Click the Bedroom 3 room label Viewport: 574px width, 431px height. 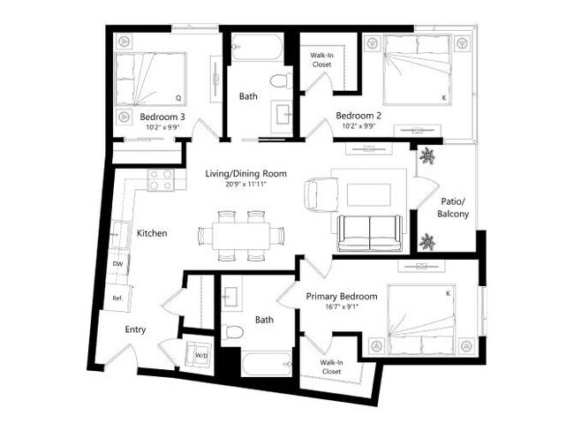tap(162, 116)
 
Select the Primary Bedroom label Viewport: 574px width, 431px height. tap(342, 297)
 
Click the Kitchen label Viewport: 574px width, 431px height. tap(152, 233)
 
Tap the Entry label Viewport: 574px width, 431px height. tap(135, 329)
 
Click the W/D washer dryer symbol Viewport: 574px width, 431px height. tap(200, 355)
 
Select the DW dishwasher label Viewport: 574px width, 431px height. tap(117, 263)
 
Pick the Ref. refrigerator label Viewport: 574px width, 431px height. tap(117, 299)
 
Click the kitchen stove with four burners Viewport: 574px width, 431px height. tap(161, 179)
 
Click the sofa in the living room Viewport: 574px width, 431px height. tap(368, 231)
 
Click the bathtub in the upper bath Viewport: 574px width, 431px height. tap(256, 48)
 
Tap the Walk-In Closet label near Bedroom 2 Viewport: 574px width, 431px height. tap(321, 59)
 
